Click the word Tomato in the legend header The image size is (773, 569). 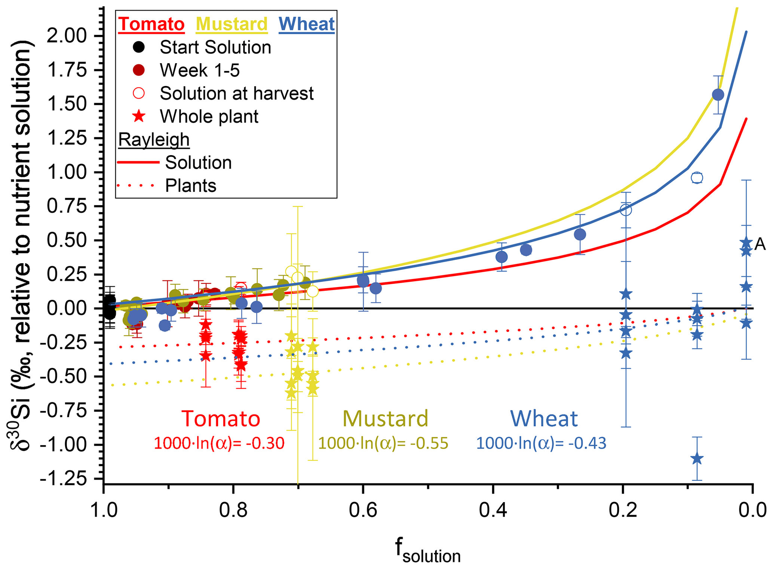click(x=151, y=24)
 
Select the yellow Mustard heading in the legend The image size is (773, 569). click(x=232, y=24)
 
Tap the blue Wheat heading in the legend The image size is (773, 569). click(x=306, y=24)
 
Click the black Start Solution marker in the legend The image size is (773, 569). click(x=139, y=47)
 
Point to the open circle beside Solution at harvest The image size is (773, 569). click(x=139, y=93)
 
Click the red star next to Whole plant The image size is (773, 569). click(x=139, y=116)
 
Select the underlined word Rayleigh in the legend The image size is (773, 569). click(x=154, y=140)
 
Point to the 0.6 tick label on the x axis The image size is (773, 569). click(x=363, y=511)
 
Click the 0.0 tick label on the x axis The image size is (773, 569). click(x=752, y=511)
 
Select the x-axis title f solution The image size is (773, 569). click(x=428, y=551)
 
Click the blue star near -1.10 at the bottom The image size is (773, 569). click(x=697, y=459)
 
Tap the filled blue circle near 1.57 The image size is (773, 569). click(x=718, y=95)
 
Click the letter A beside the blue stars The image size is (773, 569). click(x=760, y=244)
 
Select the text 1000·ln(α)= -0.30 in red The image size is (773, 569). click(x=219, y=443)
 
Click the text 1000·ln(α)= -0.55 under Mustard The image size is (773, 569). click(x=383, y=443)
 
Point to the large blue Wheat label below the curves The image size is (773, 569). click(x=544, y=419)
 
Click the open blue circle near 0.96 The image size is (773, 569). click(x=697, y=178)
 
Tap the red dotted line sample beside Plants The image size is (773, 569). click(x=135, y=185)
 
